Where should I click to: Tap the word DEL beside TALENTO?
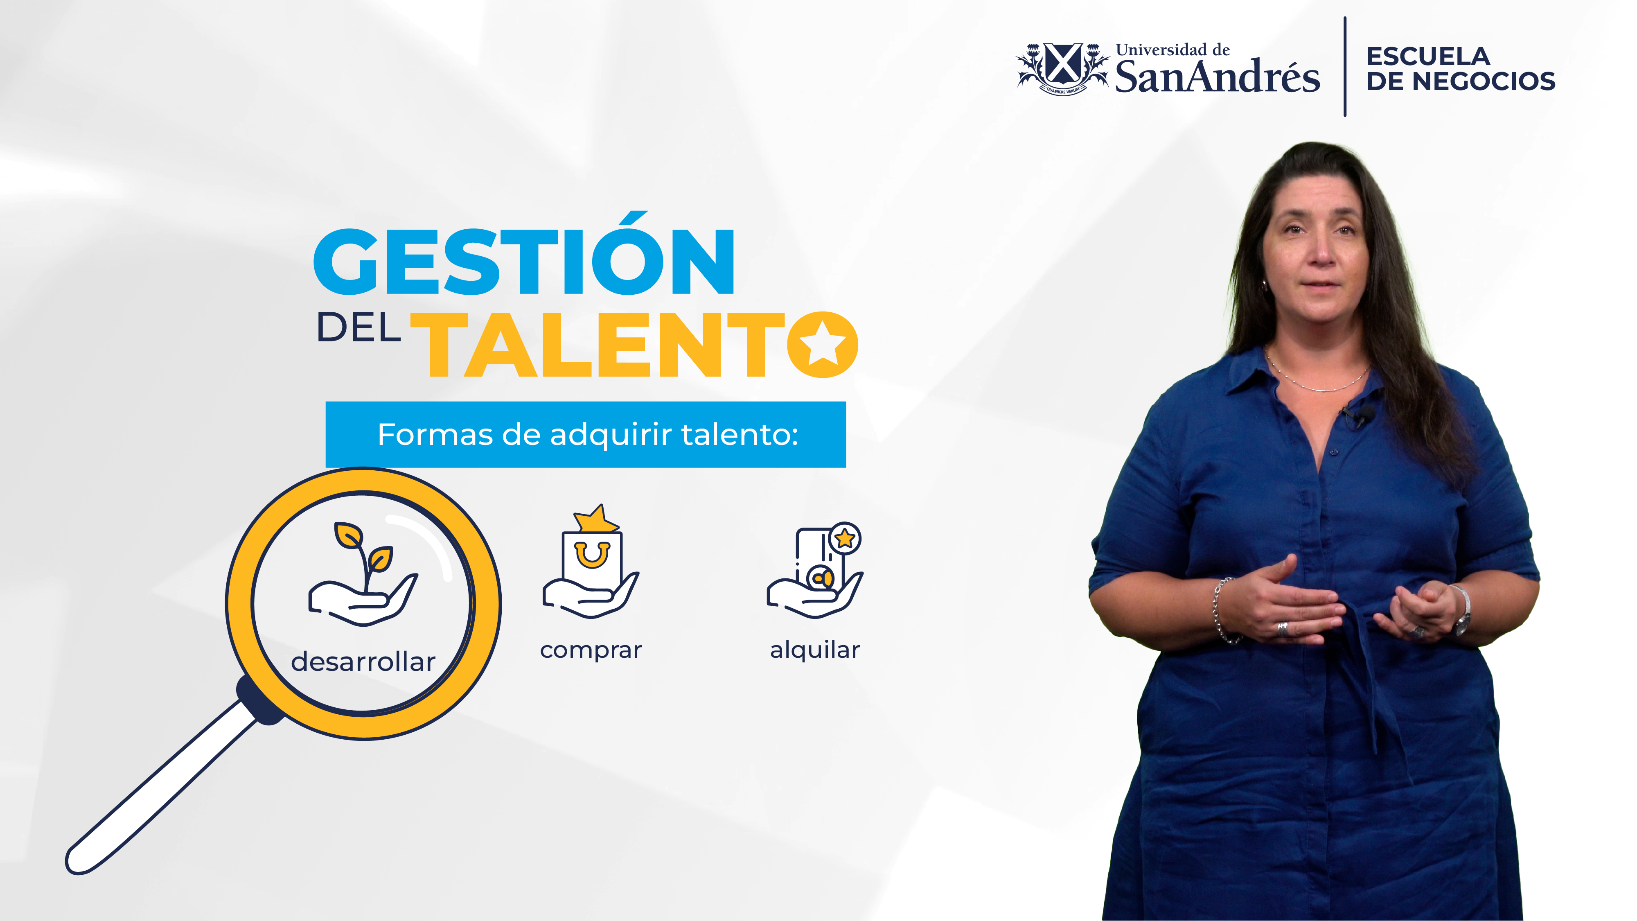(359, 328)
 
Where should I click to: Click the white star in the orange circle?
(822, 343)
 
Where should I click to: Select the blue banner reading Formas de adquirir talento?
(585, 435)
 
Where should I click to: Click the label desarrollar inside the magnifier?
(363, 661)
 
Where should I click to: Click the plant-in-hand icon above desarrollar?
(363, 574)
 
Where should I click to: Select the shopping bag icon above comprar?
(591, 561)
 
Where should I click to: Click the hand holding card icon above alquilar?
(815, 570)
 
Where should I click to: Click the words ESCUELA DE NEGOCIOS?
(1460, 69)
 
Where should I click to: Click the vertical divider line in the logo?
(1345, 67)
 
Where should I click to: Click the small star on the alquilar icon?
(845, 538)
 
